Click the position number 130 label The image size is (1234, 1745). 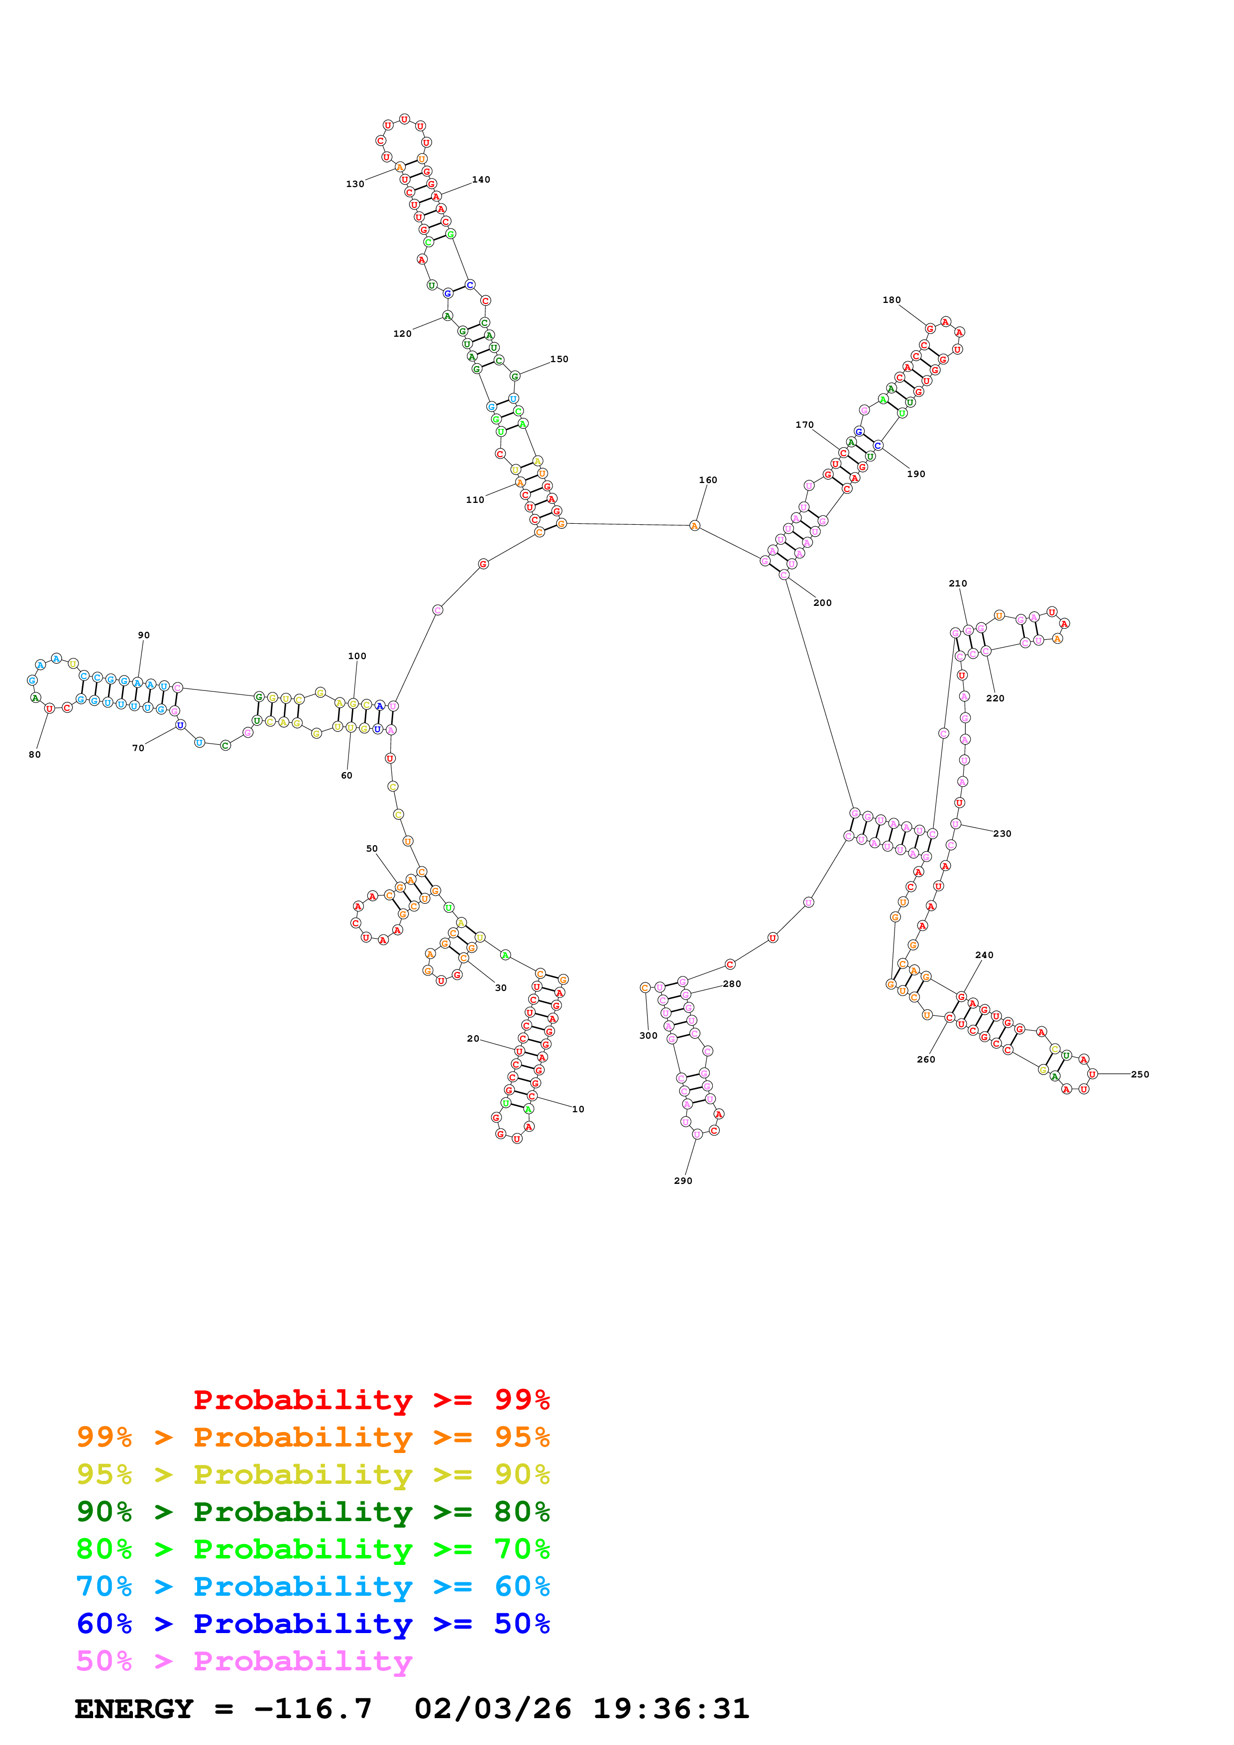pos(354,184)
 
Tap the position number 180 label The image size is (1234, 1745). pos(891,300)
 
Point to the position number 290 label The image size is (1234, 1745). pos(683,1180)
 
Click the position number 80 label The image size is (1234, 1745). pos(35,755)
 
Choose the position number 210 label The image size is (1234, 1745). pos(957,583)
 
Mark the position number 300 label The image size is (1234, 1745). pos(648,1035)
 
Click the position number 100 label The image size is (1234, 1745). pos(356,656)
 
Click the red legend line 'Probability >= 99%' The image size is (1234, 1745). pos(371,1399)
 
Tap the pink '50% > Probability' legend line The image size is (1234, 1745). pos(244,1660)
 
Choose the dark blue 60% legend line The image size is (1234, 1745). pos(313,1624)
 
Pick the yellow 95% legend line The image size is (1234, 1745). pos(313,1474)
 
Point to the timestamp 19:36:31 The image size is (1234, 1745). pos(671,1709)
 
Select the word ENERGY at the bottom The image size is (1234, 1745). pos(134,1709)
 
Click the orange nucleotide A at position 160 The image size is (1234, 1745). pos(694,526)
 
